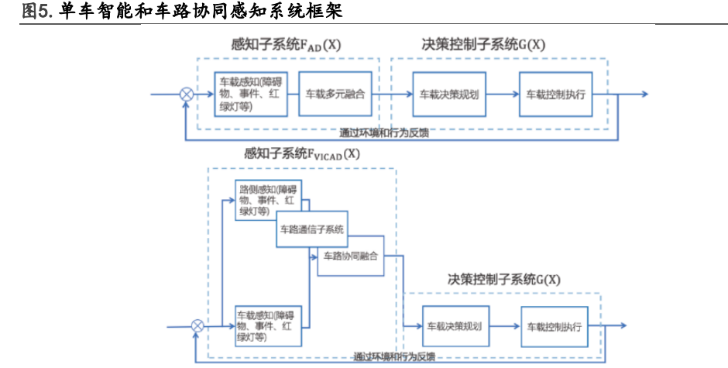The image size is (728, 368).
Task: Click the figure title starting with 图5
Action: click(182, 12)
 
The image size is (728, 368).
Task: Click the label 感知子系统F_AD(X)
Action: click(286, 45)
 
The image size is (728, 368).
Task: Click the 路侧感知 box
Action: click(268, 199)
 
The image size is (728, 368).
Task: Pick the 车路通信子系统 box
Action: click(312, 229)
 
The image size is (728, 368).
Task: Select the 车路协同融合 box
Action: click(351, 256)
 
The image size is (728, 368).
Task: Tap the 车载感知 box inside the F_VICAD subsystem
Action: click(268, 326)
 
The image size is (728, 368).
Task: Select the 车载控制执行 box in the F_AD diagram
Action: click(555, 94)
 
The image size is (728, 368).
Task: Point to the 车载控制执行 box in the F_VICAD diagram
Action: click(554, 326)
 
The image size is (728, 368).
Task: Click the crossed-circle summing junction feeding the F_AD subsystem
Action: click(187, 94)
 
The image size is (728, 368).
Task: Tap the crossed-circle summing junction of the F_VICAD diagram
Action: click(197, 326)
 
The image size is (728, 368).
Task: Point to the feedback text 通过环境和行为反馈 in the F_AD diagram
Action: click(385, 132)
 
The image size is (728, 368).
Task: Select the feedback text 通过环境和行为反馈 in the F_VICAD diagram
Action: click(393, 358)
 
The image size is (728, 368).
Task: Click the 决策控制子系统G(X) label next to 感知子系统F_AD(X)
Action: click(483, 45)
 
